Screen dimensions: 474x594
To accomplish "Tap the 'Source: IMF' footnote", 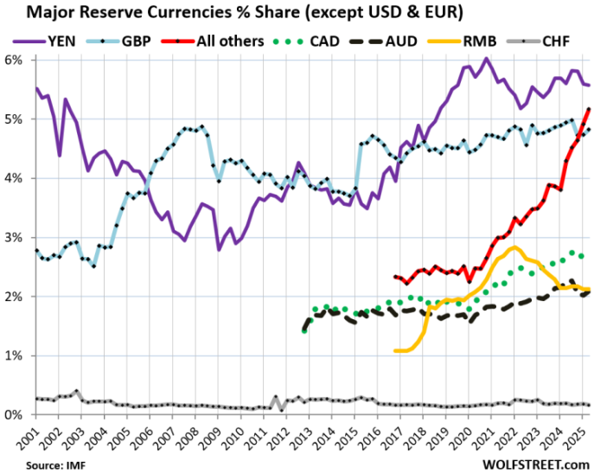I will (34, 464).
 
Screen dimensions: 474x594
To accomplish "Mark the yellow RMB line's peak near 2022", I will (514, 247).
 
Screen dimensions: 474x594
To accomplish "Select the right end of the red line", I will (589, 109).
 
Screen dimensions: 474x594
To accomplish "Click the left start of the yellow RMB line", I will (395, 350).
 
